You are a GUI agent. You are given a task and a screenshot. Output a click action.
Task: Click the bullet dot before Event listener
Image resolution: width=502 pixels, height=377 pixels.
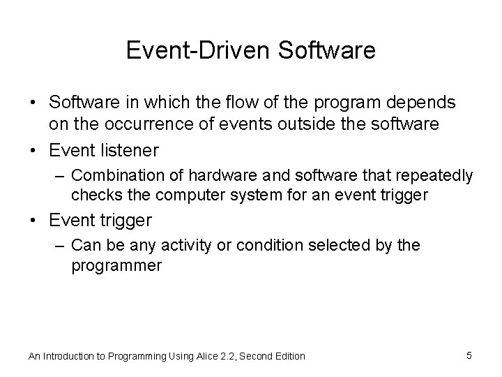(x=33, y=149)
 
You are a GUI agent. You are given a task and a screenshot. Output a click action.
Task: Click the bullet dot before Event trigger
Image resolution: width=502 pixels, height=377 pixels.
(x=33, y=221)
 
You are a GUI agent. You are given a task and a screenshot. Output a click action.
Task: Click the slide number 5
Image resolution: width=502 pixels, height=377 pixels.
(x=469, y=355)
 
